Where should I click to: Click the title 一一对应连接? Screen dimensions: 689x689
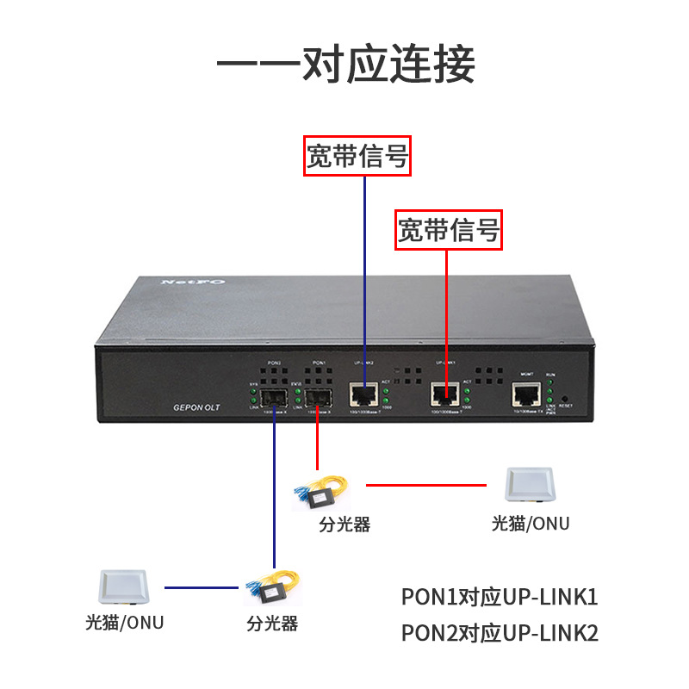tap(344, 64)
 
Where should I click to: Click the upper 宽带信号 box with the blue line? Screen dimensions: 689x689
tap(357, 156)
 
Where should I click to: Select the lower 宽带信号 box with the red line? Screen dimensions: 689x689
tap(448, 230)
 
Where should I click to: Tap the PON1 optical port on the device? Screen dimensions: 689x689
tap(317, 398)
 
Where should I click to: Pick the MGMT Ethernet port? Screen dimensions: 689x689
tap(526, 395)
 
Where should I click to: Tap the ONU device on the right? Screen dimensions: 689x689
tap(531, 486)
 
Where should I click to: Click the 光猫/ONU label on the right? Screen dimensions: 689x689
tap(531, 523)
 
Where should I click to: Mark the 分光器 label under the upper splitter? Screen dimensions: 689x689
tap(344, 525)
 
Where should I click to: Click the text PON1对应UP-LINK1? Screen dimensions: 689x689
tap(500, 597)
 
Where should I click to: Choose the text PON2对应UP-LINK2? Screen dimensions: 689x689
tap(500, 633)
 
